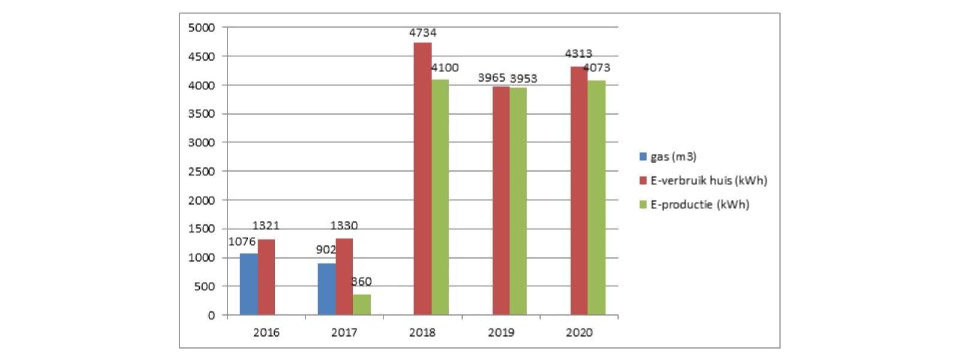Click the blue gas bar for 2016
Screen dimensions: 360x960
248,284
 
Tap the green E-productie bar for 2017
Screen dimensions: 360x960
362,305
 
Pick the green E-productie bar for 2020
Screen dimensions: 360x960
596,198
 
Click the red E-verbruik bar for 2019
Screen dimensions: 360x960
501,201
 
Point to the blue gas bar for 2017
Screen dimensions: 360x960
326,289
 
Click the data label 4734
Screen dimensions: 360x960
422,33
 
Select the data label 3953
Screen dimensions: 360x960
523,79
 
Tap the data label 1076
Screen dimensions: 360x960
242,242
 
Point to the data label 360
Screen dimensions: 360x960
361,281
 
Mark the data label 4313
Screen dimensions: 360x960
578,54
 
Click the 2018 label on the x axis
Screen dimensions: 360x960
422,332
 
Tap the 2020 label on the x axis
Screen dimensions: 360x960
579,332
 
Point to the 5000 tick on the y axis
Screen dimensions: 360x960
201,28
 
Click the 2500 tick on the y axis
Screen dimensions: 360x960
201,172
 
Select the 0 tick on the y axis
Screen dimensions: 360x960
211,316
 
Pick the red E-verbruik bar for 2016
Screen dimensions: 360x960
266,277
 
